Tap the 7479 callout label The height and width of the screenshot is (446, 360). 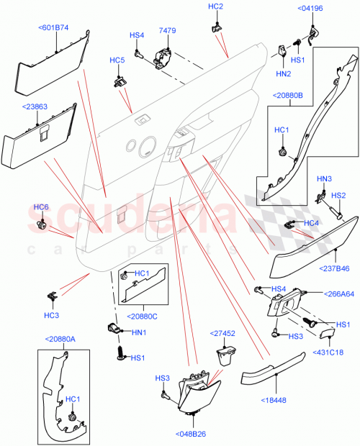point(167,31)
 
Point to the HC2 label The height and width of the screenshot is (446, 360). point(215,6)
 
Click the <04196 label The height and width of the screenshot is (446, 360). point(310,8)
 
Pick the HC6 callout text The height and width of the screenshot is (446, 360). point(41,207)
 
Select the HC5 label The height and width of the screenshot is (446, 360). point(117,60)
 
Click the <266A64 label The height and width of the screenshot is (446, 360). point(335,293)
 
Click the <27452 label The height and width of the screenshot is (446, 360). point(224,334)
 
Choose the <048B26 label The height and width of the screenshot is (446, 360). point(191,434)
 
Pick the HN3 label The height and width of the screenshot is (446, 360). point(325,178)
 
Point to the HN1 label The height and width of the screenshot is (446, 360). point(140,332)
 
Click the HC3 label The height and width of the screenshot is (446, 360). point(51,315)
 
